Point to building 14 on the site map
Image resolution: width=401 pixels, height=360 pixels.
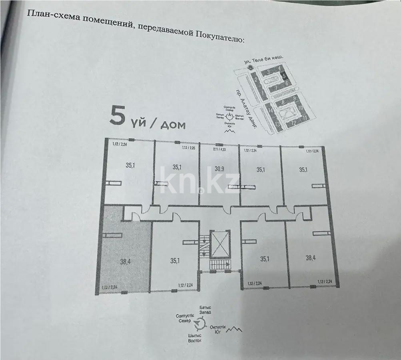point(270,110)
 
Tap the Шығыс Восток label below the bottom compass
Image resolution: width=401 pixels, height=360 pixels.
point(195,338)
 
